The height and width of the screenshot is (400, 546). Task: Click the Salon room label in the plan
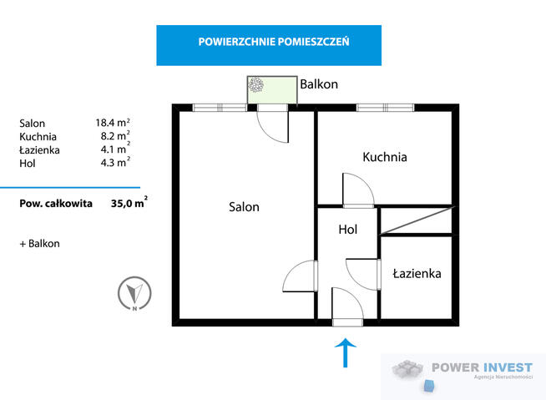tap(244, 207)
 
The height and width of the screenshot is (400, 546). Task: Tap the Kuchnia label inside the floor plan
tap(385, 157)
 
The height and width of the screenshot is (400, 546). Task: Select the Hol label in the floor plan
tap(348, 230)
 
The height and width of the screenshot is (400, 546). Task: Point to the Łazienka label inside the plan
tap(417, 273)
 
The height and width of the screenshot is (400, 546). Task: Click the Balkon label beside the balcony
tap(319, 84)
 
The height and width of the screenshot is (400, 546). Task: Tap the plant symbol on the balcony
tap(256, 84)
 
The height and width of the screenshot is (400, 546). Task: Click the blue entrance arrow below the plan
tap(346, 352)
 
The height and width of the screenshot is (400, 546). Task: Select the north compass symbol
tap(134, 293)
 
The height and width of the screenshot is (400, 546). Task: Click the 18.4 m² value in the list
tap(113, 123)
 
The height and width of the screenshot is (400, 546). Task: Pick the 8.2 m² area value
tap(115, 136)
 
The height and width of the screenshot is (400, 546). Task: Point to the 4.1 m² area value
tap(115, 149)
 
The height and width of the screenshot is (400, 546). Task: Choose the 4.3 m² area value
tap(115, 162)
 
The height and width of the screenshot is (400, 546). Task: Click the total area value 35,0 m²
tap(129, 203)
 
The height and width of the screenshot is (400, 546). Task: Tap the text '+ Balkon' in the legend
tap(40, 244)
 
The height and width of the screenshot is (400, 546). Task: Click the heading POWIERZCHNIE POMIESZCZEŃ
tap(274, 42)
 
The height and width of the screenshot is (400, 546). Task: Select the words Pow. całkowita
tap(56, 204)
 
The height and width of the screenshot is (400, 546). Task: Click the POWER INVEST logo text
tap(483, 367)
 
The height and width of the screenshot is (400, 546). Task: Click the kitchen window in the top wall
tap(385, 108)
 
